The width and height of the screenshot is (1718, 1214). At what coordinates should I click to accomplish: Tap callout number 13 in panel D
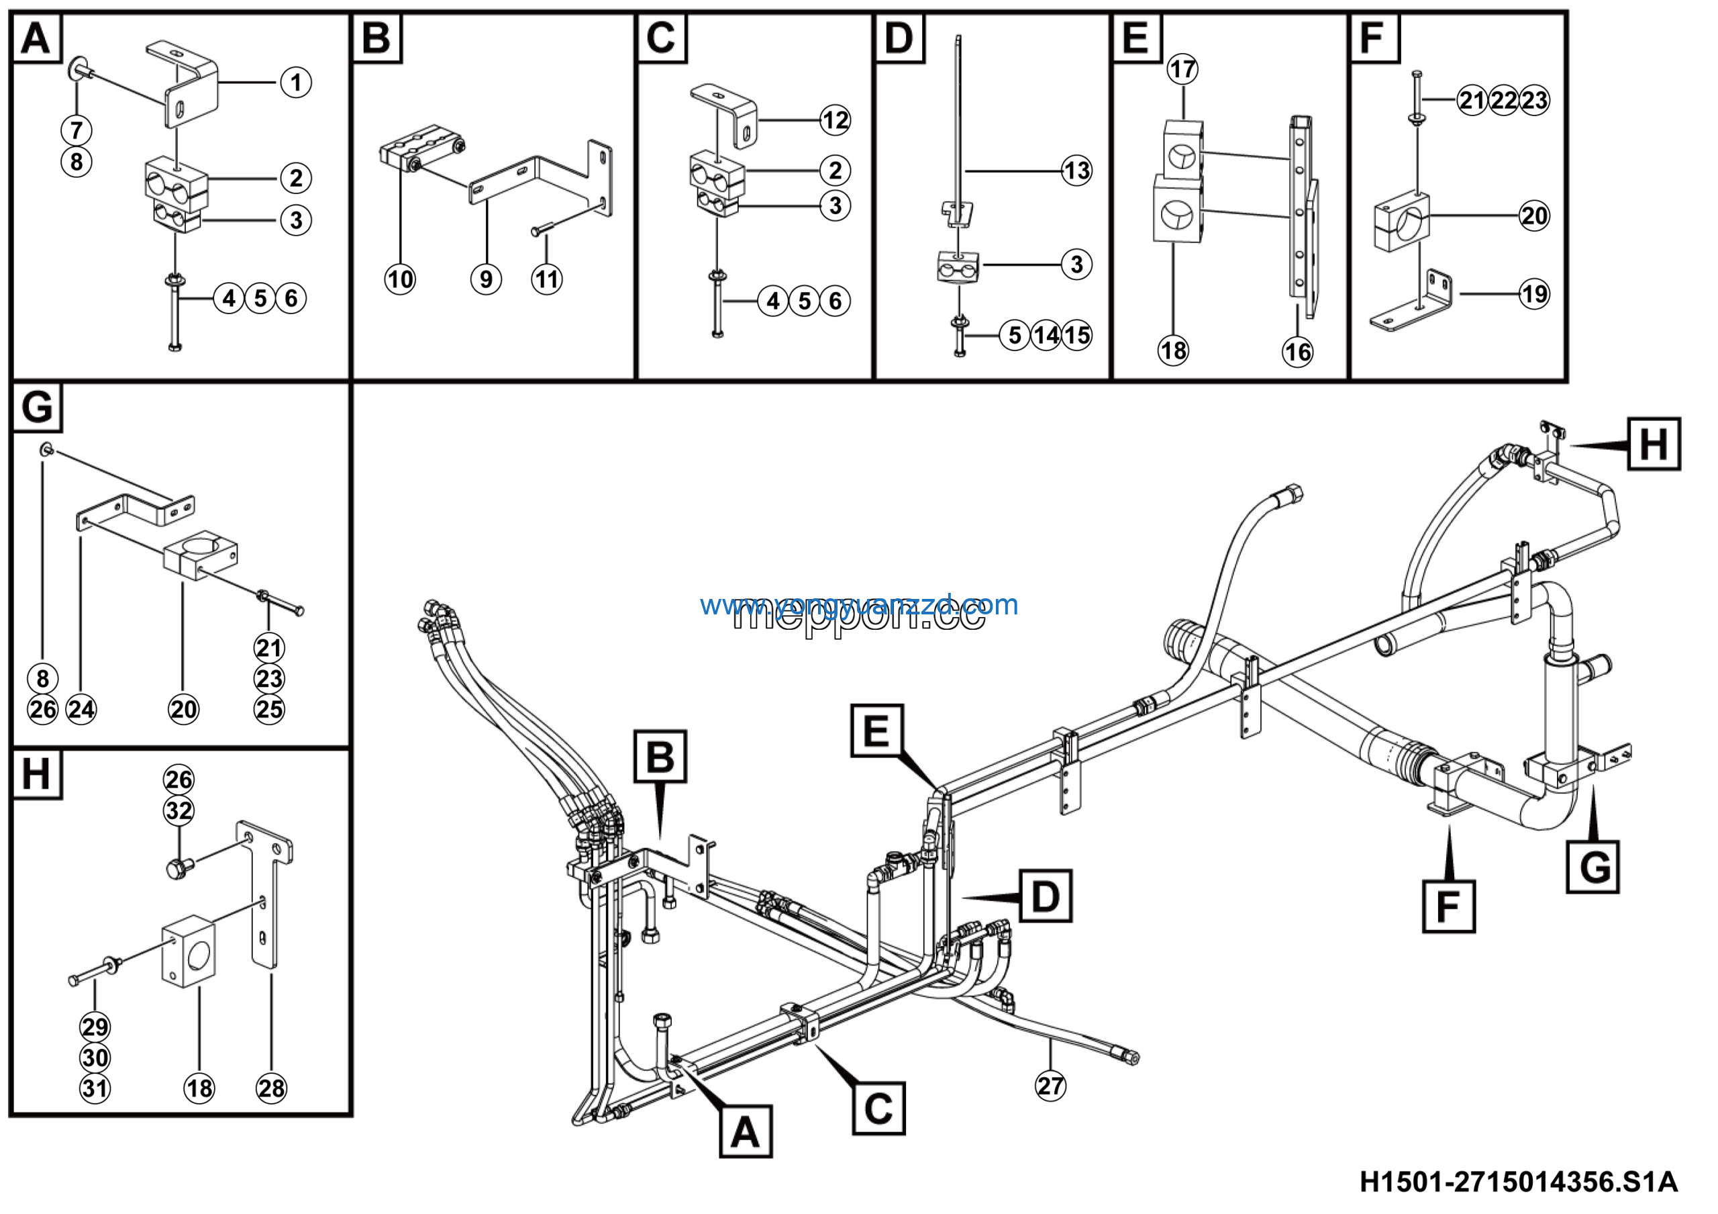click(x=1076, y=171)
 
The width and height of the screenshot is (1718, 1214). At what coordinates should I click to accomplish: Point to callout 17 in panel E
click(x=1182, y=70)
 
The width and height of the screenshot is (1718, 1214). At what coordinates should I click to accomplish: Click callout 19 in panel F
click(x=1535, y=294)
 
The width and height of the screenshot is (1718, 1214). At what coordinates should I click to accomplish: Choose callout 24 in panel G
click(x=81, y=710)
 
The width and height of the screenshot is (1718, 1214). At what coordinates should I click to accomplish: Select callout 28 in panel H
click(x=271, y=1088)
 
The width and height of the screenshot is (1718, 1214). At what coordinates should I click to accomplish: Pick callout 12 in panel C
click(x=835, y=120)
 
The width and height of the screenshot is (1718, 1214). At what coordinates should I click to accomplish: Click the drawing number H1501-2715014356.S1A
click(x=1518, y=1183)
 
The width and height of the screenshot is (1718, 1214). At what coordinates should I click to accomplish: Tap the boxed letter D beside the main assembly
click(x=1045, y=896)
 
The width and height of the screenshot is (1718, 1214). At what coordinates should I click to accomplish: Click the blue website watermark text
click(x=858, y=605)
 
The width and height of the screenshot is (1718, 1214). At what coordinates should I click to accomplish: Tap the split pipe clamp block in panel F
click(x=1401, y=222)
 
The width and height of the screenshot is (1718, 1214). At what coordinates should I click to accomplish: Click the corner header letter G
click(x=37, y=408)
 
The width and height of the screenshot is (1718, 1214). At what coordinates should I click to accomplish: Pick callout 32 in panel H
click(x=179, y=810)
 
